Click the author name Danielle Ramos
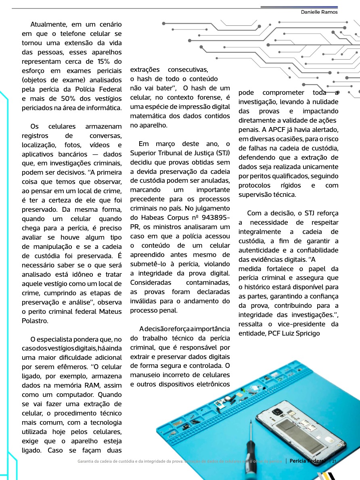point(319,12)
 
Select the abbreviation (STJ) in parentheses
point(222,153)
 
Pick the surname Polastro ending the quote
point(35,321)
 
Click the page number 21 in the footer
point(334,461)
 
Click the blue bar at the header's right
point(299,7)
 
